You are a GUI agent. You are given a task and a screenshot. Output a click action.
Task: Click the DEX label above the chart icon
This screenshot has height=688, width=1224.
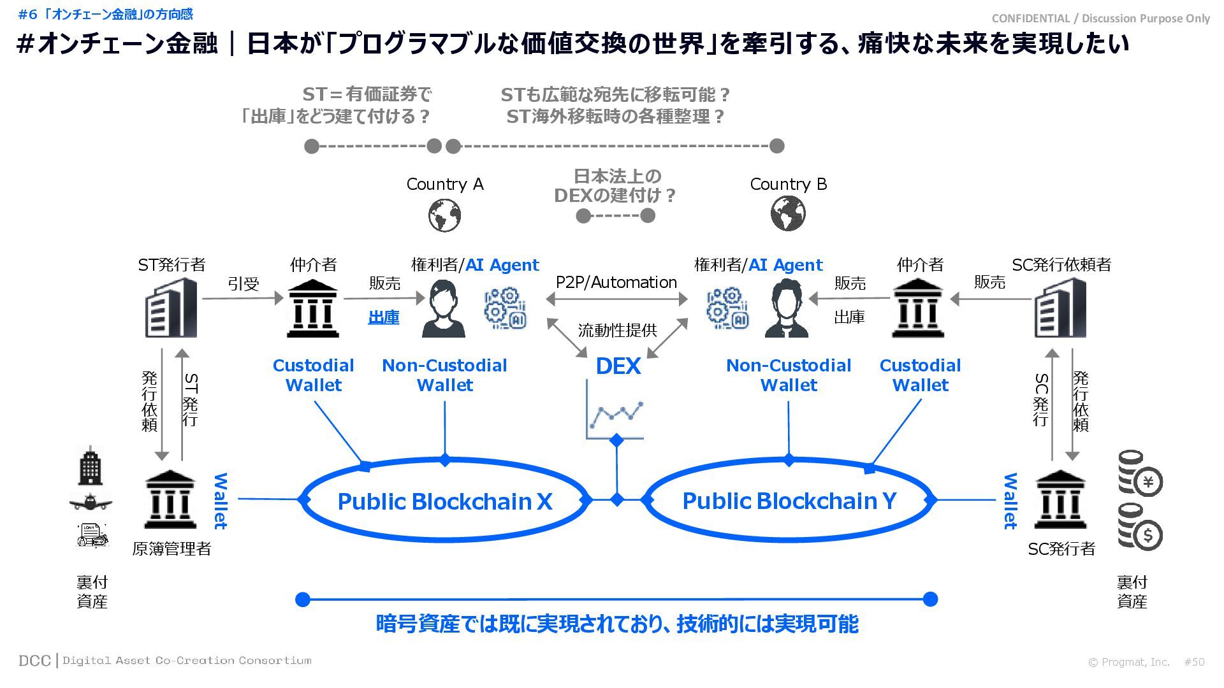(x=618, y=366)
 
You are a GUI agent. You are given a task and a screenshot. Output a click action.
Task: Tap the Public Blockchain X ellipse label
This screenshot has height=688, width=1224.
(x=444, y=501)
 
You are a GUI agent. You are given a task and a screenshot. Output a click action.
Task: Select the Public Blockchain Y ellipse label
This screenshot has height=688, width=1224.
(x=789, y=501)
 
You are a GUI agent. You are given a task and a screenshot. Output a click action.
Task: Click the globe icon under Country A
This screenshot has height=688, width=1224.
(x=444, y=215)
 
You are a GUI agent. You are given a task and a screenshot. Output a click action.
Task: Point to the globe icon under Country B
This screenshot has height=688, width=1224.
(x=788, y=213)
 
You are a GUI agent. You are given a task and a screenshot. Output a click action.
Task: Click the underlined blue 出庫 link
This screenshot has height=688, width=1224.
(x=384, y=317)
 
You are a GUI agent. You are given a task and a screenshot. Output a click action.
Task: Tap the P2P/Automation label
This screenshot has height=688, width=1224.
(x=616, y=282)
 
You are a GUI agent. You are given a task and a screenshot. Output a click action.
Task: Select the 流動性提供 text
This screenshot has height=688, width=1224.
(x=617, y=330)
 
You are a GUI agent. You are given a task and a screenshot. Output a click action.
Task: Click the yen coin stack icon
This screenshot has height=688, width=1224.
(x=1140, y=475)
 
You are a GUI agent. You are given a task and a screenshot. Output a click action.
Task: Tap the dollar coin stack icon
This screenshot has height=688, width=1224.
(x=1140, y=527)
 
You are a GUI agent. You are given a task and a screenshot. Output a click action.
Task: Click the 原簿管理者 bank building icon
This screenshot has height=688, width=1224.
(x=170, y=501)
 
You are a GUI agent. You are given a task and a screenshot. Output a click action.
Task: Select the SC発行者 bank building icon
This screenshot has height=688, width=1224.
(x=1060, y=501)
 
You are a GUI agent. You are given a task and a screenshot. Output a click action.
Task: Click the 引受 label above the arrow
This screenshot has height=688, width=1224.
(x=244, y=283)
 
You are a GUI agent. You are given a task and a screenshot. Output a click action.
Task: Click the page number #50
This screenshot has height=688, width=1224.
(x=1194, y=662)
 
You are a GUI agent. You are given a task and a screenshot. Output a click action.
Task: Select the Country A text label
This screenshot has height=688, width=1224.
(x=445, y=184)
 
